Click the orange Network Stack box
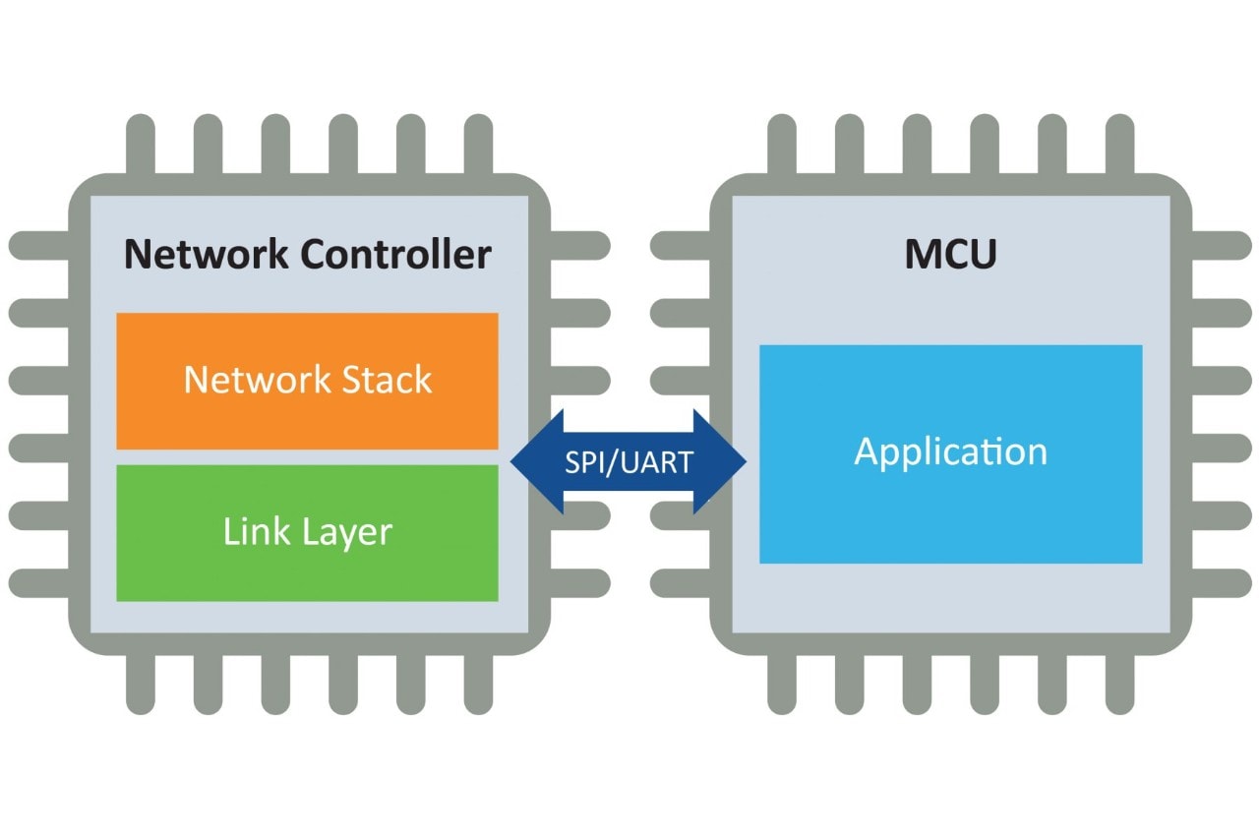(307, 381)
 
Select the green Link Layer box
(307, 532)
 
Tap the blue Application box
(950, 453)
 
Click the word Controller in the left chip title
(395, 255)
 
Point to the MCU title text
(950, 255)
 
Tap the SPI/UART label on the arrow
(629, 462)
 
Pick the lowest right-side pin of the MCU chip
(1222, 583)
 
